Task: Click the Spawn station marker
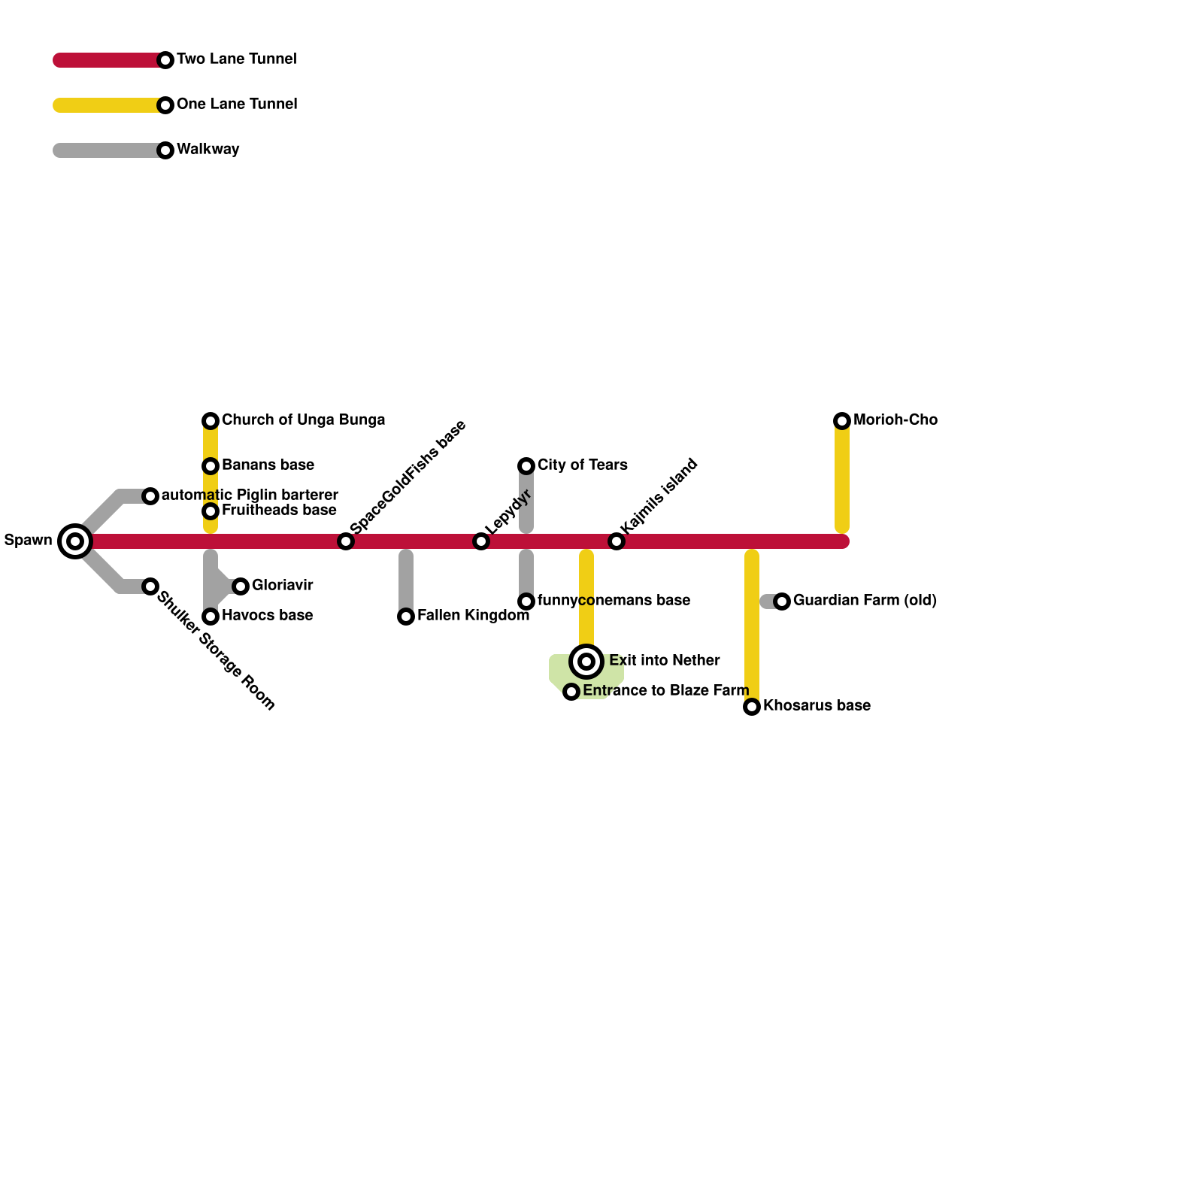(x=75, y=541)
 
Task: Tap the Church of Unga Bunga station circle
(x=211, y=420)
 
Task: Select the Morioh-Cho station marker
(x=842, y=420)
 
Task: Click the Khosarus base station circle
(x=752, y=706)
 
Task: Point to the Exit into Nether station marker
(x=586, y=662)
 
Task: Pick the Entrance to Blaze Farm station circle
(x=571, y=691)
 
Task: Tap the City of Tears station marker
(x=526, y=465)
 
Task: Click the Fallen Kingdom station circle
(x=406, y=617)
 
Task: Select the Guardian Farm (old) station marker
(x=782, y=601)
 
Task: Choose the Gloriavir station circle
(x=241, y=586)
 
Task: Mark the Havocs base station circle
(x=211, y=617)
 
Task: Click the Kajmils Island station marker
(x=617, y=541)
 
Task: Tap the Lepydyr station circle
(x=481, y=541)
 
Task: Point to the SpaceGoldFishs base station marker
(x=346, y=541)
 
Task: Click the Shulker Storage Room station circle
(x=150, y=586)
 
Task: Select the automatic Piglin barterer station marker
(x=150, y=495)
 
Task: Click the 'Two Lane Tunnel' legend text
(x=236, y=59)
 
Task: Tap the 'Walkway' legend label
(x=208, y=150)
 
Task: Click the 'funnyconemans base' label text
(x=614, y=601)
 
